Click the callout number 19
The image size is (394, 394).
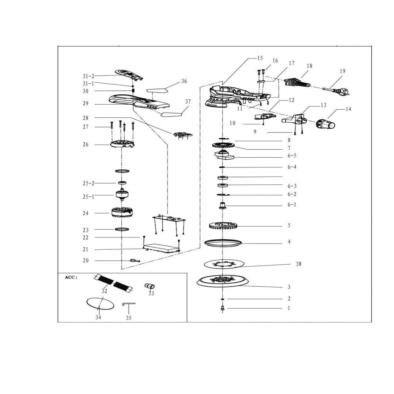pos(342,71)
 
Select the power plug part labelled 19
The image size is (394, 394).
pos(338,91)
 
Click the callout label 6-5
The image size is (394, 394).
pos(292,156)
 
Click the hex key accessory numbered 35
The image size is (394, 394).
pos(128,304)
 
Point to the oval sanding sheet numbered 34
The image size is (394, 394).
pos(100,303)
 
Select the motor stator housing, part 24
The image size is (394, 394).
pos(122,213)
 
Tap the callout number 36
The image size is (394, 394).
pos(184,81)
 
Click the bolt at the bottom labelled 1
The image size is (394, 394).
pos(223,308)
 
